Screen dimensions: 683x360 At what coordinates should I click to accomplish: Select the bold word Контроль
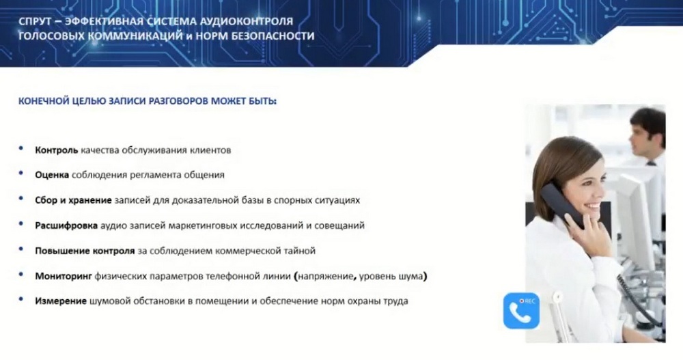[57, 150]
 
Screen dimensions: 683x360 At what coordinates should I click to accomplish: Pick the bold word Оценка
[52, 175]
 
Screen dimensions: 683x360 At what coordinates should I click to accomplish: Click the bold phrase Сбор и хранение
[73, 200]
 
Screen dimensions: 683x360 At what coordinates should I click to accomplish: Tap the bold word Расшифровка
[66, 225]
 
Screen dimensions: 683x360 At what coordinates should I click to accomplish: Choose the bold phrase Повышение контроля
[85, 251]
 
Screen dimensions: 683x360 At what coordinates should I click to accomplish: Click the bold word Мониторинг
[64, 277]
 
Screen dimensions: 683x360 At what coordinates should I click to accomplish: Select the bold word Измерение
[61, 301]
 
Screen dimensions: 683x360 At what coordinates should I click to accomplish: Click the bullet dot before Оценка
[21, 174]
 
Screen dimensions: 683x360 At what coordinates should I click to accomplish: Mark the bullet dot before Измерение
[21, 299]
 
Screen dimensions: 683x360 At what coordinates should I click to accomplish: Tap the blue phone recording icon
[521, 311]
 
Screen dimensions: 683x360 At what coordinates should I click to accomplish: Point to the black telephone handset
[563, 205]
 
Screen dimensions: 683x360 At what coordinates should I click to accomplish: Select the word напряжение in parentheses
[325, 277]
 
